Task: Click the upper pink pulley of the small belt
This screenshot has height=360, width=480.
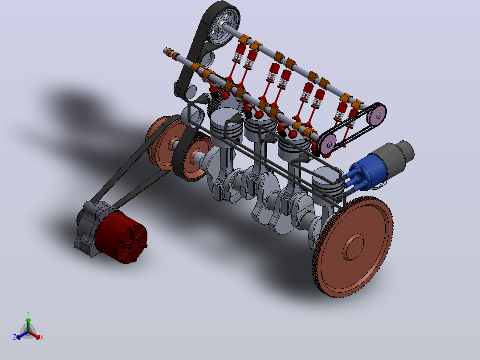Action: click(x=377, y=115)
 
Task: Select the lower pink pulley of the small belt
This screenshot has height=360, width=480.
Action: click(x=327, y=143)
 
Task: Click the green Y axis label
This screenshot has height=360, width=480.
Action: click(x=28, y=313)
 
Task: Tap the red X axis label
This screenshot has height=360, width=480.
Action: click(x=42, y=337)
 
